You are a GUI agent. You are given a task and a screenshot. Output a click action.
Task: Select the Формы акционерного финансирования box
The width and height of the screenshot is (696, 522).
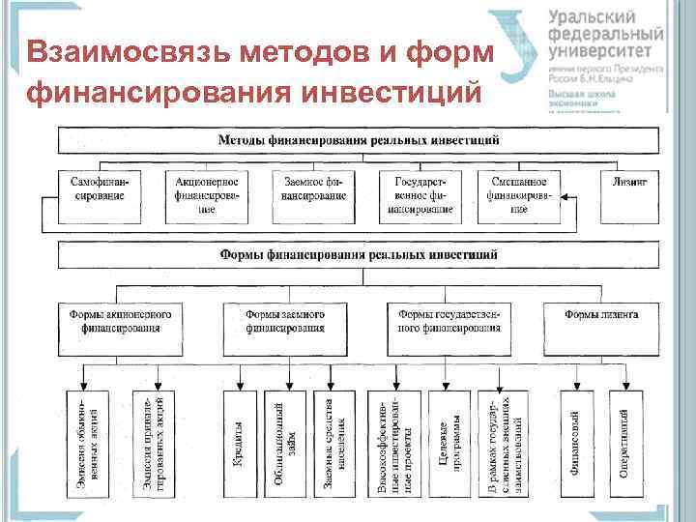pos(121,322)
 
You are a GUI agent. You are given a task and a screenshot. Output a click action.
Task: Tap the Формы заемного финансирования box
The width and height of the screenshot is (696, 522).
pos(284,322)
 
